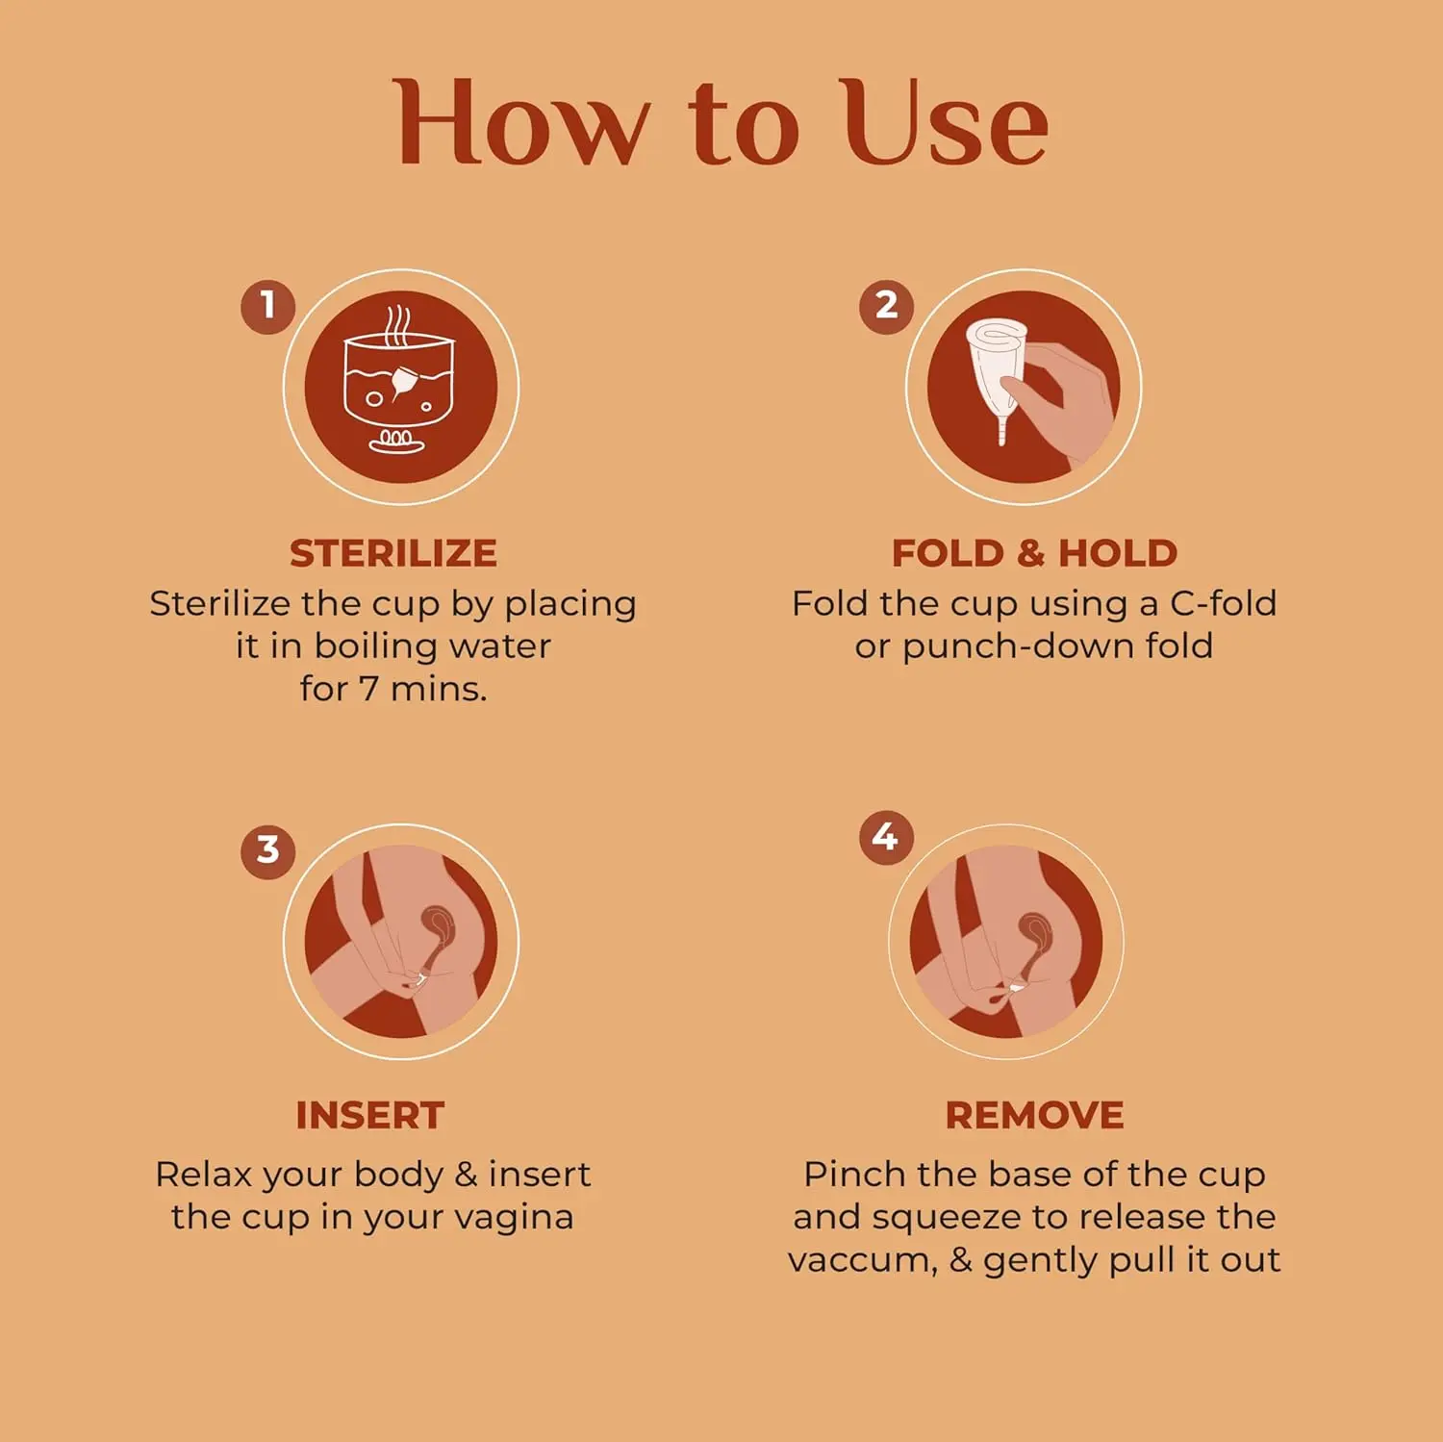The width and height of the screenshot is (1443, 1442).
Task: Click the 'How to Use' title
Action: click(721, 123)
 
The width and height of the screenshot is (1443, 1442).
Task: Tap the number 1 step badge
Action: click(267, 306)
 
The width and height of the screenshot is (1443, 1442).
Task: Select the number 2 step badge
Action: click(886, 306)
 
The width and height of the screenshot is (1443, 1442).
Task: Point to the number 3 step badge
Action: click(267, 850)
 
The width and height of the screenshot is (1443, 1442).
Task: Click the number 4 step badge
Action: click(885, 837)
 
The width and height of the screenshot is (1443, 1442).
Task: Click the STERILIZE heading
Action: click(393, 553)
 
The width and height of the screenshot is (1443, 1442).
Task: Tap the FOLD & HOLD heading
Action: click(1034, 553)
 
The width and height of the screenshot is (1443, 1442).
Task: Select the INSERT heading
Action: click(370, 1116)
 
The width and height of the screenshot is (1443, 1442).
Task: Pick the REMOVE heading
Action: click(1034, 1116)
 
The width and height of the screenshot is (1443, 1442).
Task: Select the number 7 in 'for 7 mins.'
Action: click(368, 689)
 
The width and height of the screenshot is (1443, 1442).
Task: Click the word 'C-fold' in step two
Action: click(1223, 603)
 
